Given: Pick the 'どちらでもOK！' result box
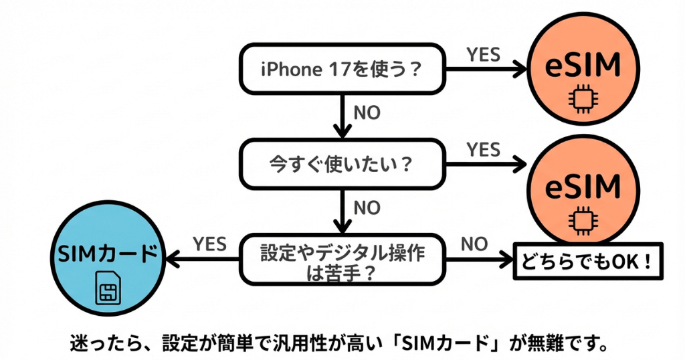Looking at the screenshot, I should pos(587,261).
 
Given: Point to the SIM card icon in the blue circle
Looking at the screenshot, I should pos(108,288).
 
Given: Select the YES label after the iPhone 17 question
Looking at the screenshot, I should pos(481,54).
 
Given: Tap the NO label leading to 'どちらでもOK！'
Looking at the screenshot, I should pos(474,244).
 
